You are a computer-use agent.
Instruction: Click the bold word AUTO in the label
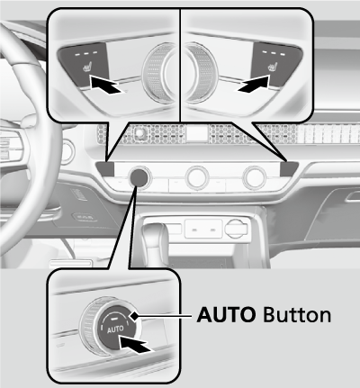(227, 315)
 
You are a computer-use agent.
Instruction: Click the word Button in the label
(297, 315)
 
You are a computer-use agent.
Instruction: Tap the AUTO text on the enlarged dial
(115, 329)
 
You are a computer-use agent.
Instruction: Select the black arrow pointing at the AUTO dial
(134, 344)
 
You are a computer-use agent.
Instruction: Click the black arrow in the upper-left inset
(105, 85)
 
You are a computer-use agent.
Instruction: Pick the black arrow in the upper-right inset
(254, 84)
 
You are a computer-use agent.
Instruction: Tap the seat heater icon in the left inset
(87, 68)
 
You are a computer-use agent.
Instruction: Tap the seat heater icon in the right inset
(272, 67)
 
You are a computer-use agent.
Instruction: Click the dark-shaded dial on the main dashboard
(138, 177)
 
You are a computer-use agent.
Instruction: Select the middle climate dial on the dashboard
(197, 177)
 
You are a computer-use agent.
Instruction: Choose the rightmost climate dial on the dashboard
(254, 177)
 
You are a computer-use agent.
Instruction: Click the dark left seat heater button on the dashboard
(105, 168)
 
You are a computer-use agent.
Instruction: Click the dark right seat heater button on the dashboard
(289, 168)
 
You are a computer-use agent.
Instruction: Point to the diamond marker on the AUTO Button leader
(134, 315)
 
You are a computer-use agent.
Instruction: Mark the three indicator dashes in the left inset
(86, 53)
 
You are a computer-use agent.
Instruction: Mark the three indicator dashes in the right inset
(273, 53)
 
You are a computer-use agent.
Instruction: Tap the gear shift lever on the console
(156, 240)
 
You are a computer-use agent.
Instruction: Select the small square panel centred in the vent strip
(196, 133)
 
